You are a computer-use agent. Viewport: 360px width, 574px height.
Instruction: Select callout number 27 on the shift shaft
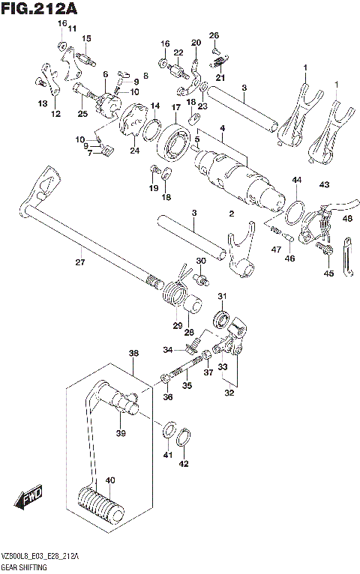tap(80, 262)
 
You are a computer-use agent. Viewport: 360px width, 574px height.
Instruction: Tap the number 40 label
tap(110, 481)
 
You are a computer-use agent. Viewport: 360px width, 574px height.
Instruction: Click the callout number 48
tap(346, 218)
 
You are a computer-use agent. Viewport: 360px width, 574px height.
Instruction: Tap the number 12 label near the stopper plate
tap(54, 114)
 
